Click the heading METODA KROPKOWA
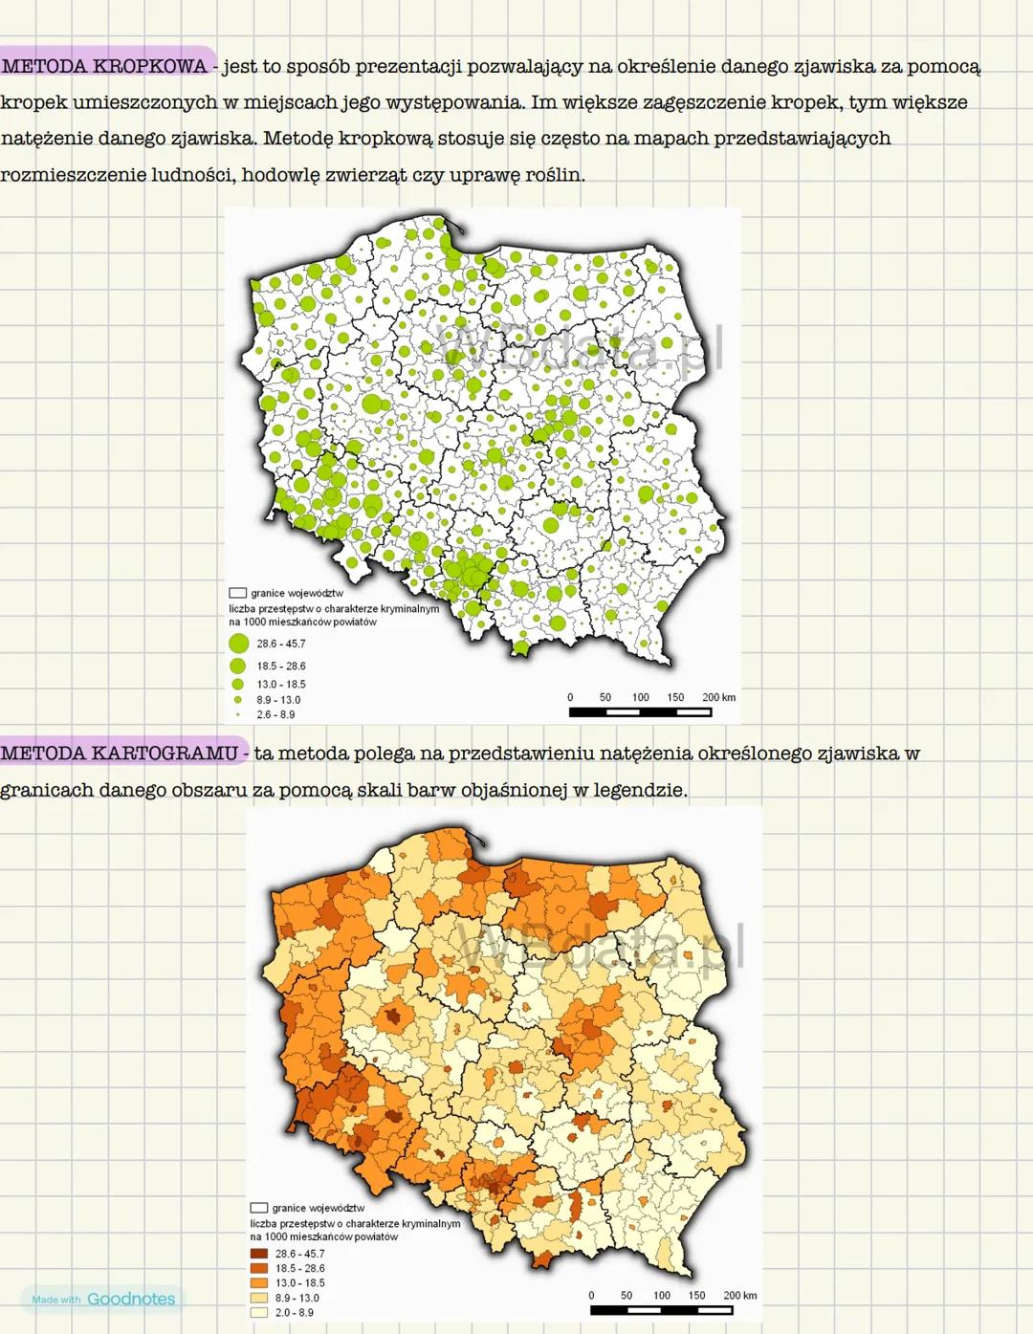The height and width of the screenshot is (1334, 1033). (x=105, y=66)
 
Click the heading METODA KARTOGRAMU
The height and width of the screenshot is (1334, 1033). (x=119, y=753)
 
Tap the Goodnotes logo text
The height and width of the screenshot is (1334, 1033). (x=131, y=1299)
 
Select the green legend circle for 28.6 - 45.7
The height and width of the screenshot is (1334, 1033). (x=239, y=644)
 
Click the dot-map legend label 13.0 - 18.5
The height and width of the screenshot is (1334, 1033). (x=281, y=684)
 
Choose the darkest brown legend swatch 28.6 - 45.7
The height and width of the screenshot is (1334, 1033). (x=258, y=1254)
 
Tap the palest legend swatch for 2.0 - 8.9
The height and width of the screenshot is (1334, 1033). (x=258, y=1313)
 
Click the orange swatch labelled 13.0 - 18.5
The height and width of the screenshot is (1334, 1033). (x=258, y=1282)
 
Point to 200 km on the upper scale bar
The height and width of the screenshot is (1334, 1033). (x=718, y=697)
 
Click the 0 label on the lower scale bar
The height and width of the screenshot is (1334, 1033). (x=591, y=1296)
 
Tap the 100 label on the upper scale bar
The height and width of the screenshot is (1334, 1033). (x=640, y=697)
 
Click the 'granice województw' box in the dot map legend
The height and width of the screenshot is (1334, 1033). (x=237, y=593)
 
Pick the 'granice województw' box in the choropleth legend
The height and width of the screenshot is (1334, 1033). (x=258, y=1208)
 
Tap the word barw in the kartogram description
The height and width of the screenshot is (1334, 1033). (x=486, y=790)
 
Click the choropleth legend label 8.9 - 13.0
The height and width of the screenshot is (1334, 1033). (x=297, y=1298)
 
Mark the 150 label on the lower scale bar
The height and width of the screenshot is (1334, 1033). (x=696, y=1296)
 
